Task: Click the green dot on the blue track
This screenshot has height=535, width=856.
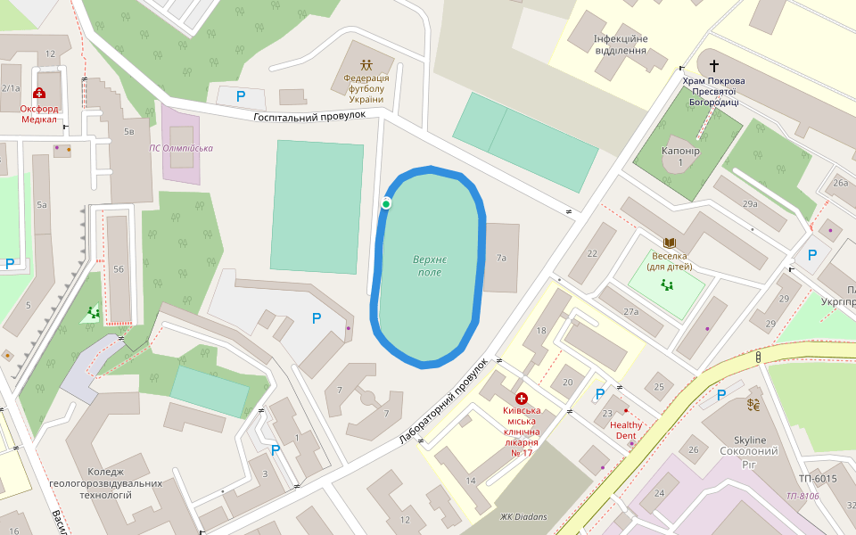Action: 386,204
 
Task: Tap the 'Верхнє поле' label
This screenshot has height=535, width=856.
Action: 430,266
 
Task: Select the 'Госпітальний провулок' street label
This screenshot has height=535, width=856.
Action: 309,116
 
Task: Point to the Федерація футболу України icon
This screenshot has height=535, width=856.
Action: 366,65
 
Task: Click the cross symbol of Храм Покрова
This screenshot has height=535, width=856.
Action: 713,65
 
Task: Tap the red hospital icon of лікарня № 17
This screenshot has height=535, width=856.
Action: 522,399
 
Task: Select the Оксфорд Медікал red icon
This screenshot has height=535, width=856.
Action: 39,93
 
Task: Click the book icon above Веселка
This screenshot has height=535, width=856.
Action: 669,243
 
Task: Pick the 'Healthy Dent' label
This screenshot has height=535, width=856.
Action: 626,431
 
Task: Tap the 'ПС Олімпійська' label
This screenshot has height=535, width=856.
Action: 181,148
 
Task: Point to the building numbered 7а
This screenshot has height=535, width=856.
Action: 501,258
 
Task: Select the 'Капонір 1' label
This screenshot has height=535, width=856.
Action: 680,156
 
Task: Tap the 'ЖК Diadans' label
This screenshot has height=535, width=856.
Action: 523,516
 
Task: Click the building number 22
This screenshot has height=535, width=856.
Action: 592,253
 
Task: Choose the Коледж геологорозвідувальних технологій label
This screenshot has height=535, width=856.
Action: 106,483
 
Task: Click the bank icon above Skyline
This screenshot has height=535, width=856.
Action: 753,407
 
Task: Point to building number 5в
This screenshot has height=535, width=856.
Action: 129,132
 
